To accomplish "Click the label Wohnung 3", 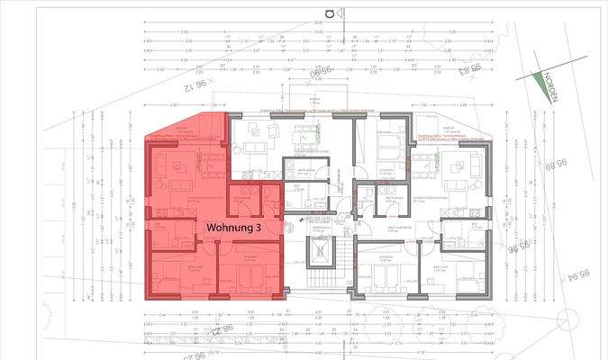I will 234,229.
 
